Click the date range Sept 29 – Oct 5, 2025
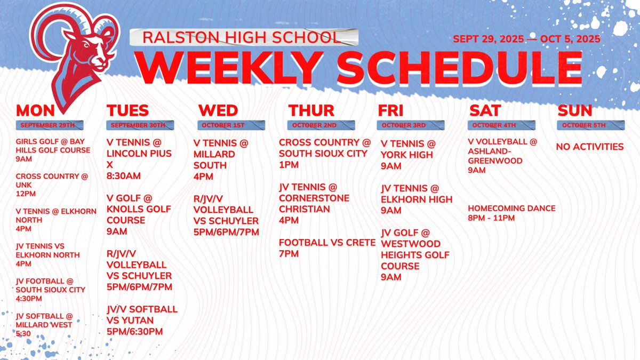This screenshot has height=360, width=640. point(526,39)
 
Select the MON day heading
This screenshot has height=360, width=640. point(36,110)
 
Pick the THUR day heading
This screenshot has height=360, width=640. point(311,110)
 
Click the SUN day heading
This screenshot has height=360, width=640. point(575,110)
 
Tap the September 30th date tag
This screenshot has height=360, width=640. point(138,125)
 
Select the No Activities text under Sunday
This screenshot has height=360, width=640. point(590,147)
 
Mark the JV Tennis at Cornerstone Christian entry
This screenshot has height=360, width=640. point(315,203)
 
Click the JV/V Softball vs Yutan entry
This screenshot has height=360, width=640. point(142,320)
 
